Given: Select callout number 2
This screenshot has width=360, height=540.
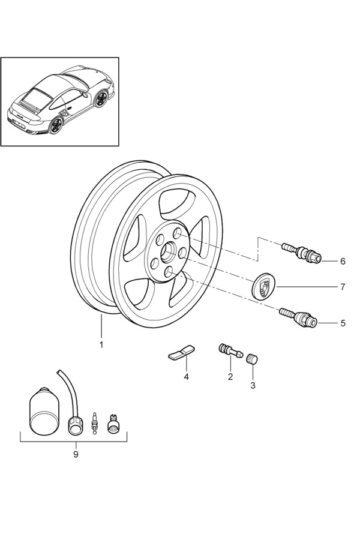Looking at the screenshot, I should pyautogui.click(x=229, y=377).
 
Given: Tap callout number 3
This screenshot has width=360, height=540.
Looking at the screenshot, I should pyautogui.click(x=253, y=385).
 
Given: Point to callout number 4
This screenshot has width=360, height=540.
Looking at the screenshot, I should pyautogui.click(x=186, y=377).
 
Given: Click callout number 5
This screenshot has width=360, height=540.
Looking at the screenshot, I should pyautogui.click(x=343, y=323).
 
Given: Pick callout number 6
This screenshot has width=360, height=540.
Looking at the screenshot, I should pyautogui.click(x=343, y=262).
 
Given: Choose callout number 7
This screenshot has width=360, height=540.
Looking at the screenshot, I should pyautogui.click(x=343, y=287).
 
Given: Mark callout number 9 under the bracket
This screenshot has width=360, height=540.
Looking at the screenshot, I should pyautogui.click(x=76, y=454).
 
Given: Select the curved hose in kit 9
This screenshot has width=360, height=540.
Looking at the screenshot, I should pyautogui.click(x=69, y=393).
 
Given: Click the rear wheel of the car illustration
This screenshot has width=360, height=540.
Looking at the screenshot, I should pyautogui.click(x=57, y=125).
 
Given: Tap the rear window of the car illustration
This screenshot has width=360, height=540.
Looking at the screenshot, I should pyautogui.click(x=38, y=96).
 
